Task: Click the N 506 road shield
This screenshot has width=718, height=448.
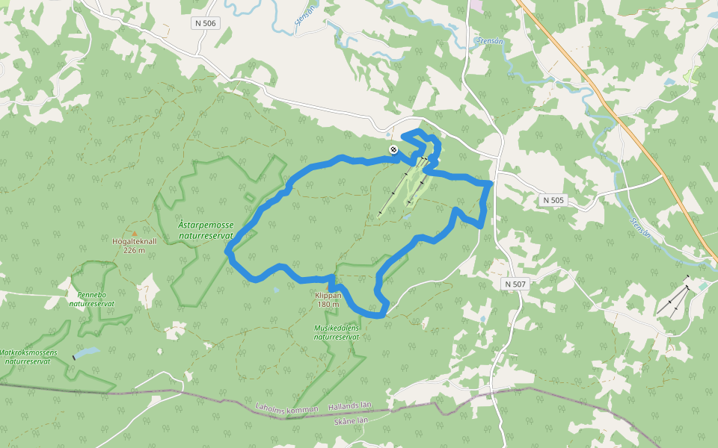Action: pos(206,24)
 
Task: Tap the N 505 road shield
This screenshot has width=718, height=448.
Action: pos(554,200)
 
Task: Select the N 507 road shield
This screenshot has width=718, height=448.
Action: pos(515,284)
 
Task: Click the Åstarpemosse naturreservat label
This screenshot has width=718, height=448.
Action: pos(206,229)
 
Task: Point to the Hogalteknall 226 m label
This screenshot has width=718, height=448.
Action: pos(134,246)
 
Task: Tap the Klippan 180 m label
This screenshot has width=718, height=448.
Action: pos(328,299)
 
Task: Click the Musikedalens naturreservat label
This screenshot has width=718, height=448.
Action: pos(337,332)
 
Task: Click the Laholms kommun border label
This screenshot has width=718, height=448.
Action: pos(287,409)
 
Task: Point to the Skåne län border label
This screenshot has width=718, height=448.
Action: pos(352,421)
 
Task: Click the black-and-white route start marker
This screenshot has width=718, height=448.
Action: pos(393,150)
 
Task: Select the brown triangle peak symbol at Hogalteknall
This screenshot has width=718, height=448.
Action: pos(135,233)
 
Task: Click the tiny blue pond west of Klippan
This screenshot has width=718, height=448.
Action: pos(277,289)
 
